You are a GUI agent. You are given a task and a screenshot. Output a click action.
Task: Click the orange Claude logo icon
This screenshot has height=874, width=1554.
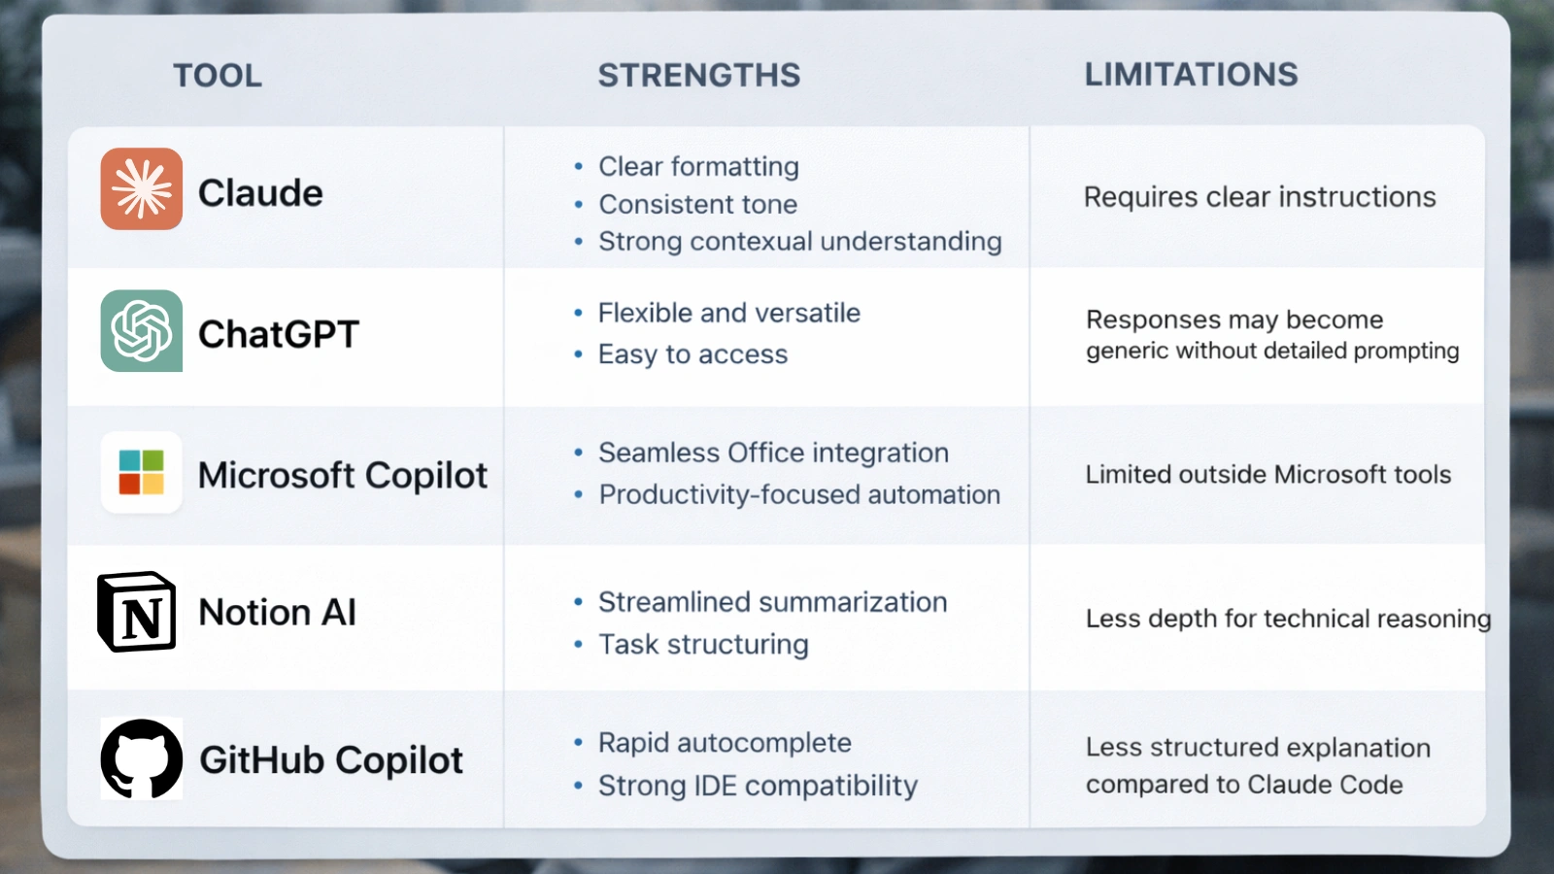pyautogui.click(x=142, y=189)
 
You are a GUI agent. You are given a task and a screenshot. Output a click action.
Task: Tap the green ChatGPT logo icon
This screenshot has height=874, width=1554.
pyautogui.click(x=142, y=331)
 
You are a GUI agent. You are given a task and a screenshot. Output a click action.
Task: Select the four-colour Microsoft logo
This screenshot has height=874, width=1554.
pyautogui.click(x=142, y=472)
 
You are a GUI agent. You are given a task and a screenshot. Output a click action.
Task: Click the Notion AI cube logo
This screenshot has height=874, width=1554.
pyautogui.click(x=137, y=612)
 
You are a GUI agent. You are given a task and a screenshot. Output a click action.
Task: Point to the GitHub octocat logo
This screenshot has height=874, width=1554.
pyautogui.click(x=142, y=758)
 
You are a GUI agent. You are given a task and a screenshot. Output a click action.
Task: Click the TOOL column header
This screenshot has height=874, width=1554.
pyautogui.click(x=218, y=76)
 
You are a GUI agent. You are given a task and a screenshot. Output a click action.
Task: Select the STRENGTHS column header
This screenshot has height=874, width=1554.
pyautogui.click(x=698, y=76)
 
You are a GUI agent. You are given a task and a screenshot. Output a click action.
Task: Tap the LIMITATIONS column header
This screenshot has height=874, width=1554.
pyautogui.click(x=1191, y=75)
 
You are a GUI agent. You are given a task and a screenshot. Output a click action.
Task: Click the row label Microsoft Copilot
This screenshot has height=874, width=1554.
pyautogui.click(x=342, y=476)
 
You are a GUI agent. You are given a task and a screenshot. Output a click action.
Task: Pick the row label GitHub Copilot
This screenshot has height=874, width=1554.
pyautogui.click(x=331, y=760)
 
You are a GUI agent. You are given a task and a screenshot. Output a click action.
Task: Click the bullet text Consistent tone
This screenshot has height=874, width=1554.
pyautogui.click(x=697, y=205)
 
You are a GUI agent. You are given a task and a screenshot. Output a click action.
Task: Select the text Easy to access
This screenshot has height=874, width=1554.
pyautogui.click(x=693, y=354)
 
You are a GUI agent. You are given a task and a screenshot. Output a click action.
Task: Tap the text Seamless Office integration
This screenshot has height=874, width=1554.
pyautogui.click(x=773, y=454)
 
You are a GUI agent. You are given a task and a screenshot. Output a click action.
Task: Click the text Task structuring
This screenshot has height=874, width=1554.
pyautogui.click(x=703, y=645)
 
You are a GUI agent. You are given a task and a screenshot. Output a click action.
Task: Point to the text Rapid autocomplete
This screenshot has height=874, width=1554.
pyautogui.click(x=725, y=743)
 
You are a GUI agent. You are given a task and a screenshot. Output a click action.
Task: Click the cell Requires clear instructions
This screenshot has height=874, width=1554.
pyautogui.click(x=1259, y=197)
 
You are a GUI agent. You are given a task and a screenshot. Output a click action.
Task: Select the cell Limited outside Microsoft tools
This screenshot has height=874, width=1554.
pyautogui.click(x=1267, y=475)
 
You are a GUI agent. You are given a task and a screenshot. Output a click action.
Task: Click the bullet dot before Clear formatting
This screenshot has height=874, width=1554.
pyautogui.click(x=579, y=167)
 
